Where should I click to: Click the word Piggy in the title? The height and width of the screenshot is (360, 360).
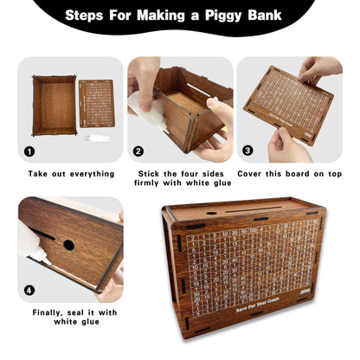click(232, 15)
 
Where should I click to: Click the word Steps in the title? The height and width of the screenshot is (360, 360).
click(92, 15)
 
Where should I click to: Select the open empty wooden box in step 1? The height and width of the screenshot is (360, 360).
click(54, 105)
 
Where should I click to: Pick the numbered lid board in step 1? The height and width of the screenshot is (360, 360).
click(95, 103)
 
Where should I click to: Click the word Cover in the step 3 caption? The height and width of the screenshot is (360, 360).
click(255, 174)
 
